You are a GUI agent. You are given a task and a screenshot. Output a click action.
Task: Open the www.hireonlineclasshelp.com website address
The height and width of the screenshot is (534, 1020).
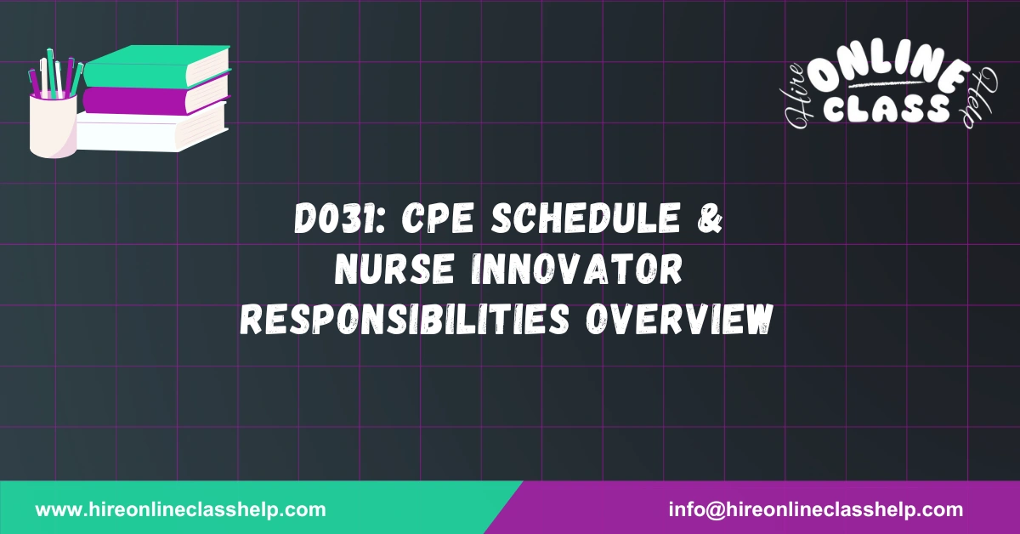coord(180,510)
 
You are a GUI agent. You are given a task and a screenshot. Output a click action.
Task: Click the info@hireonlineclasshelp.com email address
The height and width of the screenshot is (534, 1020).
coord(816,510)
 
